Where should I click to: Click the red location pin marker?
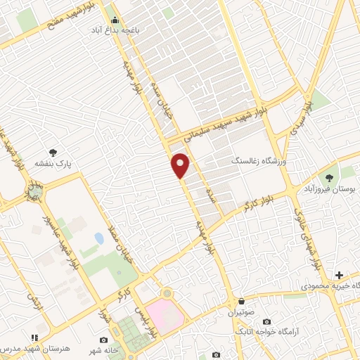coord(181,165)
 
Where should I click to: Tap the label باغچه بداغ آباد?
coord(115,31)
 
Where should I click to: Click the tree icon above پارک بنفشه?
coord(53,152)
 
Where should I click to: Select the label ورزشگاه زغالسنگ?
coord(259,161)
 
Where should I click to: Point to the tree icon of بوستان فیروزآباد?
coord(328,178)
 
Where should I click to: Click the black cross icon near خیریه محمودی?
coord(339,274)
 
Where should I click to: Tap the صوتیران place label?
coord(242,309)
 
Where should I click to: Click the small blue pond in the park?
coord(99,238)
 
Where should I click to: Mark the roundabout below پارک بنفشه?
coord(34,191)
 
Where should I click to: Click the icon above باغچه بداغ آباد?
coord(115,19)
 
